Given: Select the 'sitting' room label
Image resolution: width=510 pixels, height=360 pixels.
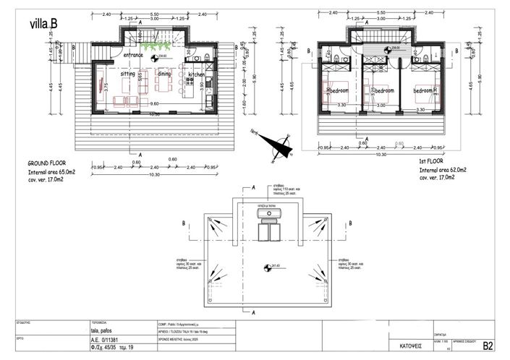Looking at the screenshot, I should pyautogui.click(x=127, y=74).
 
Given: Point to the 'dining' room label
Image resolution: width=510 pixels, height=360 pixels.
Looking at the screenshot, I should pyautogui.click(x=163, y=74).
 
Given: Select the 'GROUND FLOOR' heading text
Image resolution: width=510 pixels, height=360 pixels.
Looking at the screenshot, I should pyautogui.click(x=48, y=163).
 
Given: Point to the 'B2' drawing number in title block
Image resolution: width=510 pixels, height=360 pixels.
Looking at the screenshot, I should pyautogui.click(x=488, y=347).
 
